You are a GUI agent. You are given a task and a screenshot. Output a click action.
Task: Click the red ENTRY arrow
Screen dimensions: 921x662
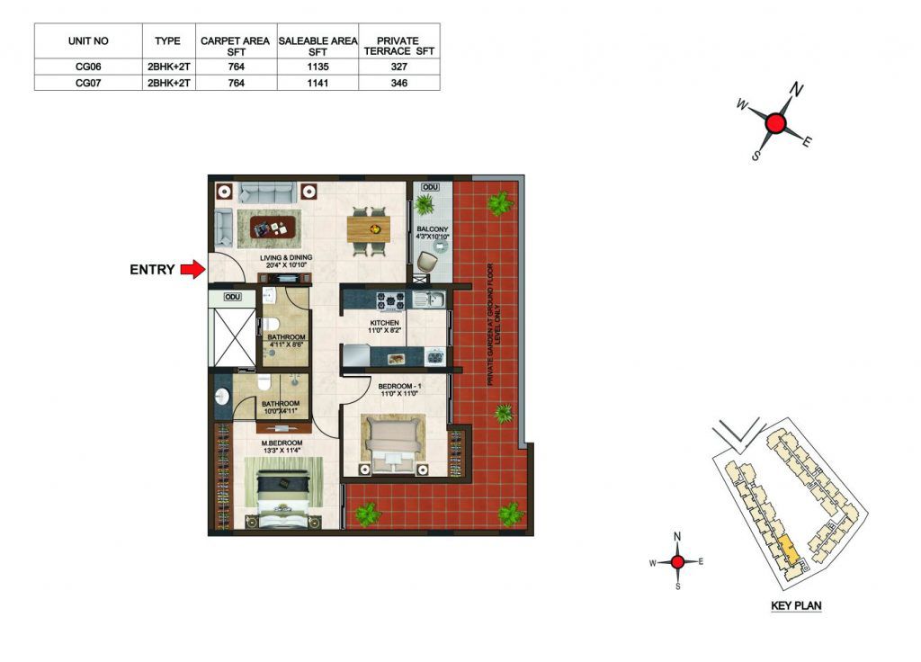point(192,270)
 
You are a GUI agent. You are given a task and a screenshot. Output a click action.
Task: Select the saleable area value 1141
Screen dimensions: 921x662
point(317,83)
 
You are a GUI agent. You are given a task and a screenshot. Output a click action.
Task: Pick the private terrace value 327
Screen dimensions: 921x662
point(398,67)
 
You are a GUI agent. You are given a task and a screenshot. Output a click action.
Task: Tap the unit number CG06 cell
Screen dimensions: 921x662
point(88,67)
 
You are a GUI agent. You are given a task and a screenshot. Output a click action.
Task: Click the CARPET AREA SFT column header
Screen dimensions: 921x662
point(236,46)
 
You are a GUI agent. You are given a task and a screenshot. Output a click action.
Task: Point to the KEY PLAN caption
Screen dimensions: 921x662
point(796,605)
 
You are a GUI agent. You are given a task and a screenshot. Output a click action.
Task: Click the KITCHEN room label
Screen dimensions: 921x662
point(384,323)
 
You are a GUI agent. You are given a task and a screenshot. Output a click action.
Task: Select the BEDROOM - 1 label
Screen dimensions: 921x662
point(399,386)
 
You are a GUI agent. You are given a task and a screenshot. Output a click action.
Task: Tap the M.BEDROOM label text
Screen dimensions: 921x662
point(282,443)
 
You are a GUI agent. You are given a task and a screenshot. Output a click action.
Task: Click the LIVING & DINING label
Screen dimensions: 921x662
point(286,257)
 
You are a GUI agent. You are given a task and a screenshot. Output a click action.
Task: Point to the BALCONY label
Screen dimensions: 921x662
point(433,229)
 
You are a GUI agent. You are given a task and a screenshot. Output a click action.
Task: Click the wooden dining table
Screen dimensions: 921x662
point(368,228)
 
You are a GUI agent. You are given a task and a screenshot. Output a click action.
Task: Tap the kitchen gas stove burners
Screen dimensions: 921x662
point(390,300)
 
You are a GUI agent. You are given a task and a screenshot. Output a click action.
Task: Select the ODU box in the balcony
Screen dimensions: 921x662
point(431,187)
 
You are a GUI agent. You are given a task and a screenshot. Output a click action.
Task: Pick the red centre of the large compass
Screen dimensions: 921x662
point(776,124)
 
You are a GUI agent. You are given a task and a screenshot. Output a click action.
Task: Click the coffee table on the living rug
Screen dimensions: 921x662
point(273,228)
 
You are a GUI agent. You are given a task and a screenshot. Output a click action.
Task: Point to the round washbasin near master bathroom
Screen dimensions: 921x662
point(223,398)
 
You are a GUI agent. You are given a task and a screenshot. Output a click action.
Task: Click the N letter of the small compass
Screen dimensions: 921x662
point(677,536)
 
